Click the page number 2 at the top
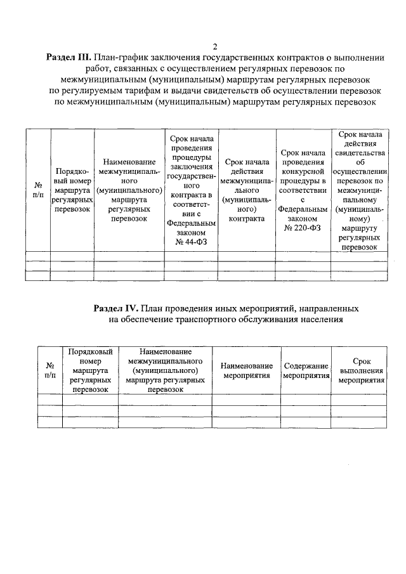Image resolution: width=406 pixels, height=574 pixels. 215,47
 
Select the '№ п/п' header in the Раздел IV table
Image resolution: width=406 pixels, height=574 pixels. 50,370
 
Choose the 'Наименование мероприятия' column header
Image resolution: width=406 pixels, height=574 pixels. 246,370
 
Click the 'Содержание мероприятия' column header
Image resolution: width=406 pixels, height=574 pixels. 306,370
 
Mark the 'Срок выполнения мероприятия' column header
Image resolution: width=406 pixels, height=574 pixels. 361,370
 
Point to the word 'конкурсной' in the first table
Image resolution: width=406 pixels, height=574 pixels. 301,171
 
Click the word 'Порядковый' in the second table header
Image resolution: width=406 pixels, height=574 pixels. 90,351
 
